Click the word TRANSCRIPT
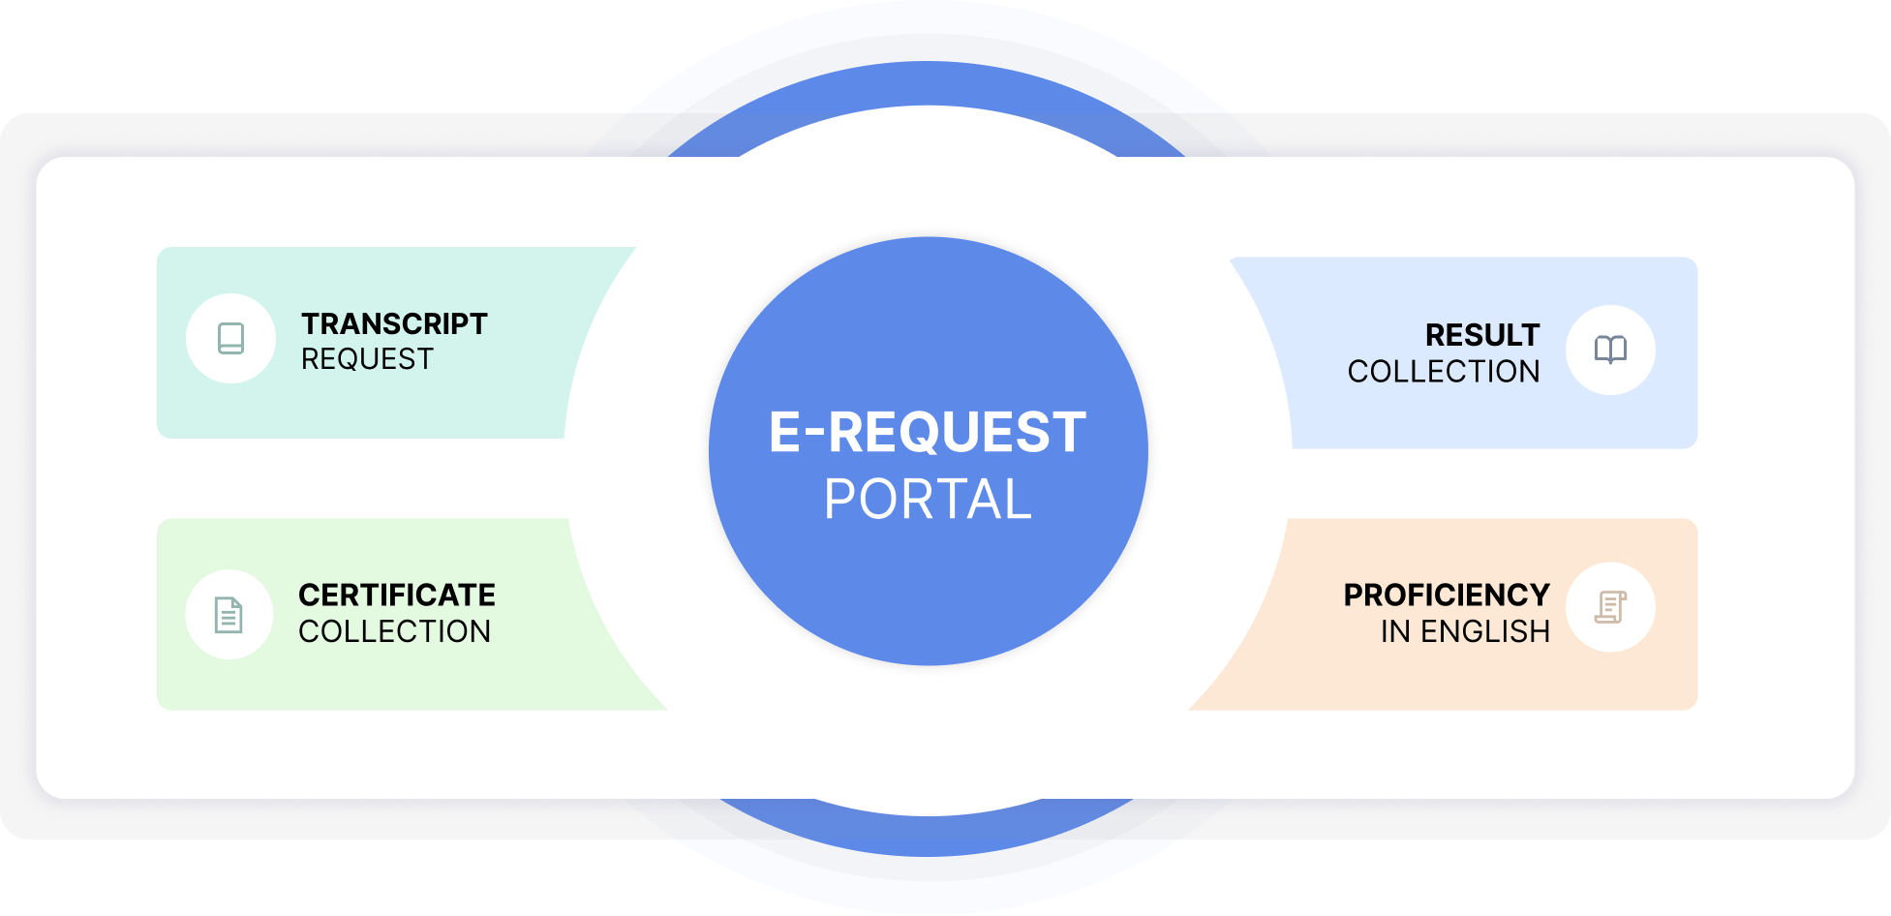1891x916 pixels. (394, 323)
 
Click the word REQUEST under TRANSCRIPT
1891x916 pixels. (367, 359)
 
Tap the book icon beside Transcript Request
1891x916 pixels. (230, 338)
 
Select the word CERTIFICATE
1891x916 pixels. (397, 595)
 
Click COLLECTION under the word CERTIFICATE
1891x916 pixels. (394, 631)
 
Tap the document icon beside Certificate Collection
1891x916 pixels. (229, 615)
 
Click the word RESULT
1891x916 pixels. (1481, 335)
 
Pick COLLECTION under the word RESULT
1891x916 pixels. (1443, 372)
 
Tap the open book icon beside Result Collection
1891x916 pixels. (1610, 350)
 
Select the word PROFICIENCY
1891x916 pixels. (1446, 595)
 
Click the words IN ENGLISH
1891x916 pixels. (1465, 631)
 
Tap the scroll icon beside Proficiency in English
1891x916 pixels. (1610, 607)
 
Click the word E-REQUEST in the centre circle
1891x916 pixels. (927, 432)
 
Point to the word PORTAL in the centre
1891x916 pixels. (928, 500)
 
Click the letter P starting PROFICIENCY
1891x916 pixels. (1354, 595)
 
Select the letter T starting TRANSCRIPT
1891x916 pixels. (311, 323)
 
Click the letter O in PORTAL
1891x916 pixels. (880, 500)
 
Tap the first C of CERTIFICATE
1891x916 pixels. (310, 595)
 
